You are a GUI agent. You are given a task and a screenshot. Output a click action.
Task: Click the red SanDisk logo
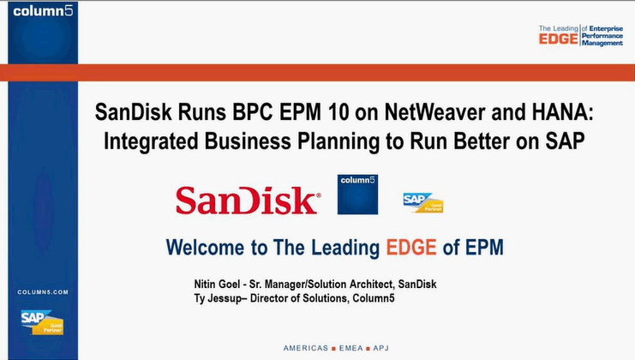pos(247,200)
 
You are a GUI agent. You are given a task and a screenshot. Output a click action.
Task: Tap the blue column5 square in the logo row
pos(357,195)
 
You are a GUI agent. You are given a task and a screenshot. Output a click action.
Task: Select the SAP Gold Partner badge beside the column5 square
pos(422,201)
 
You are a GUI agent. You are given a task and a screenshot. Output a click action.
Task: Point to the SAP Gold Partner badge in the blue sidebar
pos(41,321)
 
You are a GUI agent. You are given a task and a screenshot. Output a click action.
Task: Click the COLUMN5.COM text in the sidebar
pos(41,292)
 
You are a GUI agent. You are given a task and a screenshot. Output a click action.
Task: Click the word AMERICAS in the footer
pos(305,348)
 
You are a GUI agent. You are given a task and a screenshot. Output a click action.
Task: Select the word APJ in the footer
pos(381,348)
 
